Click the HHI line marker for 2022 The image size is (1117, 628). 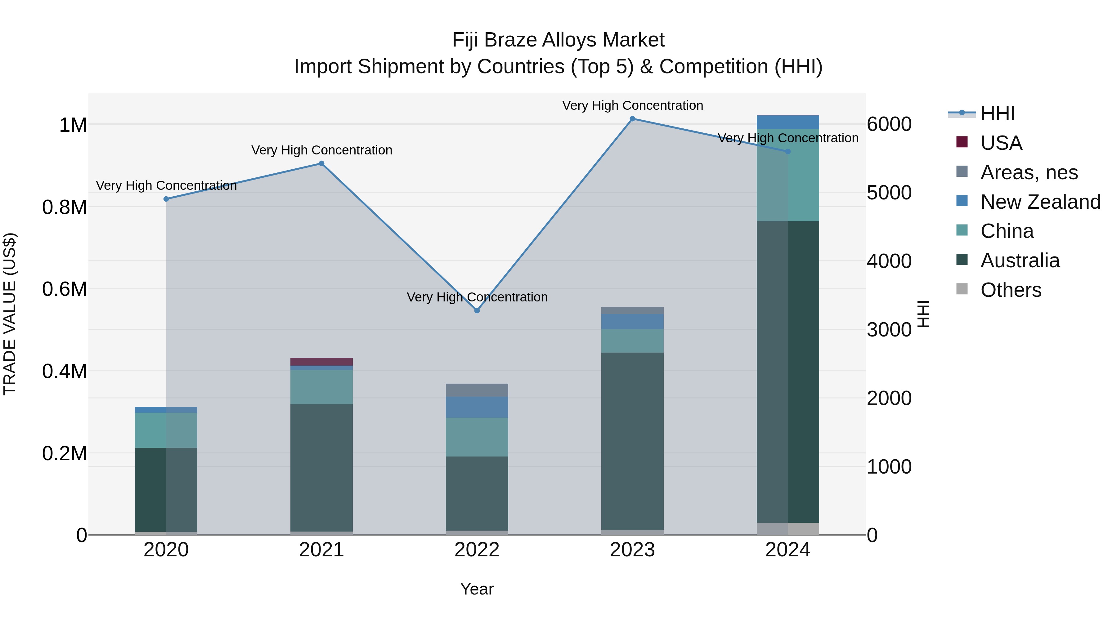click(477, 310)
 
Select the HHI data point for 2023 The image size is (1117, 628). click(632, 119)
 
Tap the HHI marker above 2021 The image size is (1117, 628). click(321, 163)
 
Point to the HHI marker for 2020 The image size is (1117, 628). click(166, 199)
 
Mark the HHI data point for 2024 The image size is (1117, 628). click(788, 152)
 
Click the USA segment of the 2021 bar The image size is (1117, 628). click(321, 362)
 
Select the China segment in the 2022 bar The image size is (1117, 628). click(477, 437)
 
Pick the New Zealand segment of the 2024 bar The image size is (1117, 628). click(788, 122)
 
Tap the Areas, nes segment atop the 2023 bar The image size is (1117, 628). click(632, 310)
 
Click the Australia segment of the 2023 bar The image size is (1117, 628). click(632, 441)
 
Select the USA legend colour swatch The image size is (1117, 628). click(962, 142)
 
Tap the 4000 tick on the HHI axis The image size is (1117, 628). click(889, 261)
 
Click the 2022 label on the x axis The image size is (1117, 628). click(477, 550)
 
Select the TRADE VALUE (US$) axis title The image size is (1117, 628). click(10, 314)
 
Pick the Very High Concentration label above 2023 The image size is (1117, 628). click(632, 105)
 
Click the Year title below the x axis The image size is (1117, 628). click(477, 589)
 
